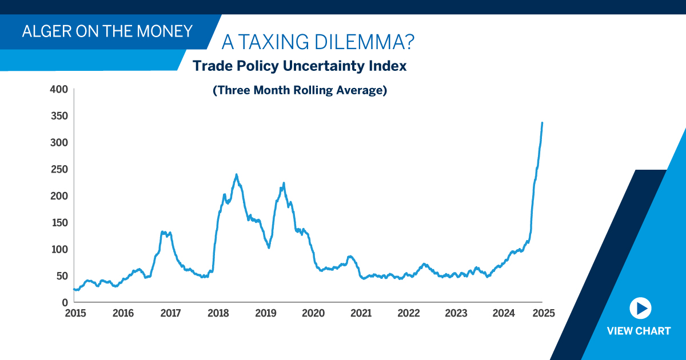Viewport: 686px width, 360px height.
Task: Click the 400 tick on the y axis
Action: click(59, 89)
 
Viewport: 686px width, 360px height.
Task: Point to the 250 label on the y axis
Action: click(59, 169)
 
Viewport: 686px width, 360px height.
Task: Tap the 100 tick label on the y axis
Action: click(59, 249)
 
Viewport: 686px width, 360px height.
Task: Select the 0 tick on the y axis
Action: click(65, 302)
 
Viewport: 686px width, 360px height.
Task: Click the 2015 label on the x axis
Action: click(75, 313)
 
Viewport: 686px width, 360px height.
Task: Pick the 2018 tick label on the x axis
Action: click(218, 313)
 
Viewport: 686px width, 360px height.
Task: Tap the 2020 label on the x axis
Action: click(313, 313)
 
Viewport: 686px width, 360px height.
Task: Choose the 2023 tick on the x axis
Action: click(456, 313)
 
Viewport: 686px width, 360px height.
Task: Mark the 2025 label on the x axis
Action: click(543, 313)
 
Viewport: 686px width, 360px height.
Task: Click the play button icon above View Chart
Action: click(639, 309)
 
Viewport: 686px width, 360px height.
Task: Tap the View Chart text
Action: click(639, 331)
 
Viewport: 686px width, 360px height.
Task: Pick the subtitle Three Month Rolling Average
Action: click(300, 90)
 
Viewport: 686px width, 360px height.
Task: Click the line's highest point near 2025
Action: click(542, 122)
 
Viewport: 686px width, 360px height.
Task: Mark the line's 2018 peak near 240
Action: click(236, 175)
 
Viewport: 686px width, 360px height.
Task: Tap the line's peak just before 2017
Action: click(163, 231)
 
